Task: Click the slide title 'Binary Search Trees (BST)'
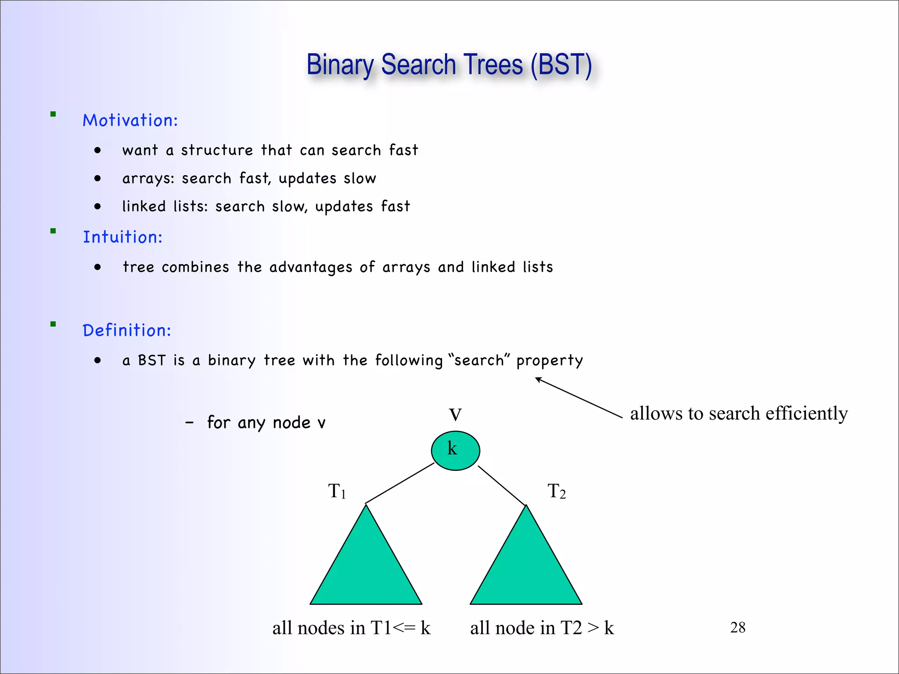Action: tap(449, 65)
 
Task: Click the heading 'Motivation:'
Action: tap(130, 120)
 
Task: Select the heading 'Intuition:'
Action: tap(122, 237)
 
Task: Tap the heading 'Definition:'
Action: tap(127, 330)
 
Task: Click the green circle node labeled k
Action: tap(455, 451)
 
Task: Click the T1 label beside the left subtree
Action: tap(337, 491)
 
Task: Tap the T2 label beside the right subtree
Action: tap(556, 491)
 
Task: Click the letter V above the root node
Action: tap(455, 415)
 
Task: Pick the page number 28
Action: tap(737, 627)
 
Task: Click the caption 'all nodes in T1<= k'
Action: tap(351, 628)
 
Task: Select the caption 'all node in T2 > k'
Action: tap(542, 628)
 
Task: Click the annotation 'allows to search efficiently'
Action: tap(739, 413)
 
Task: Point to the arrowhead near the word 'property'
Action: tap(538, 380)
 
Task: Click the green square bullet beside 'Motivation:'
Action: tap(53, 115)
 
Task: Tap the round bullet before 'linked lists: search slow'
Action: tap(97, 207)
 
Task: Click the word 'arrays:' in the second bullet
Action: tap(148, 179)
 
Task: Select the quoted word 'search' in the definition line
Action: tap(479, 360)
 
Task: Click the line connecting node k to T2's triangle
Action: tap(501, 485)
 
